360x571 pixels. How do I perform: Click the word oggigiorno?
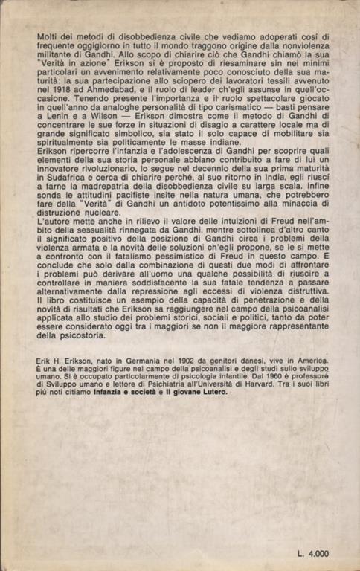[108, 46]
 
